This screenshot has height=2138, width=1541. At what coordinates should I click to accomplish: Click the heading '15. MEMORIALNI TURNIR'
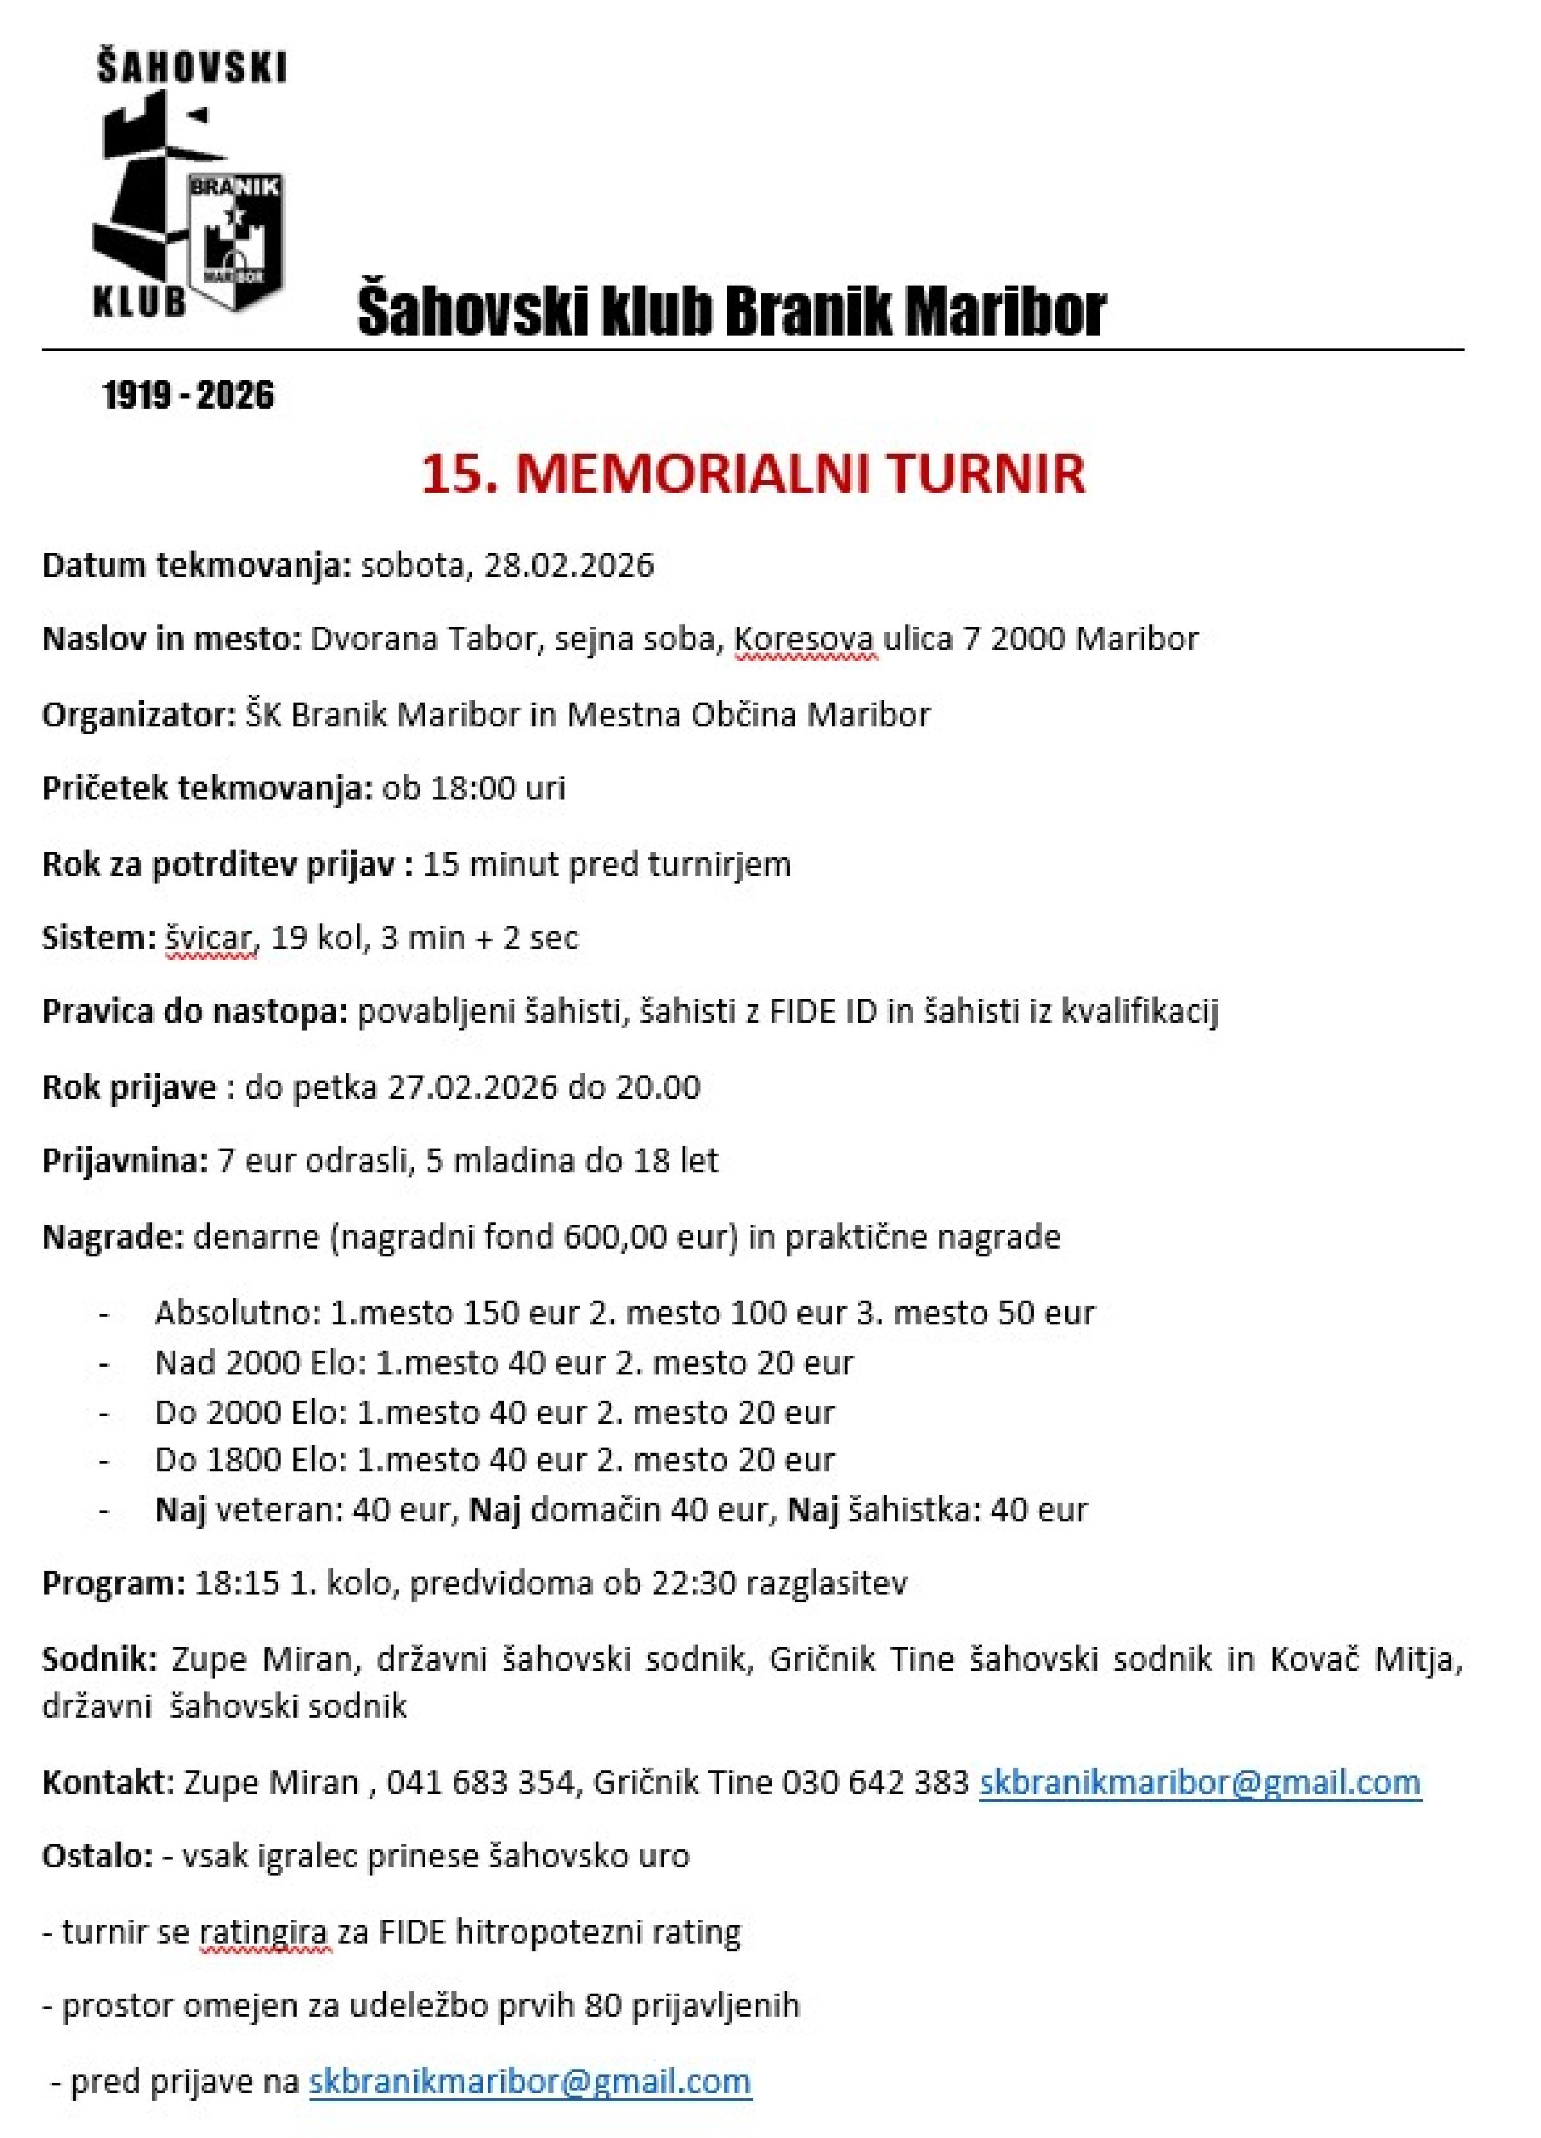point(753,474)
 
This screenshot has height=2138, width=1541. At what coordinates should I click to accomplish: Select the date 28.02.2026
point(569,565)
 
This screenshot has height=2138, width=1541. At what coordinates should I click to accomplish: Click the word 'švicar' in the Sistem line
point(211,938)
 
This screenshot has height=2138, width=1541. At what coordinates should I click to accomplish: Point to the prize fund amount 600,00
point(617,1236)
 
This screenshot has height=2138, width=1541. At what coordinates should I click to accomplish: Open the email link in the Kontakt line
point(1199,1783)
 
